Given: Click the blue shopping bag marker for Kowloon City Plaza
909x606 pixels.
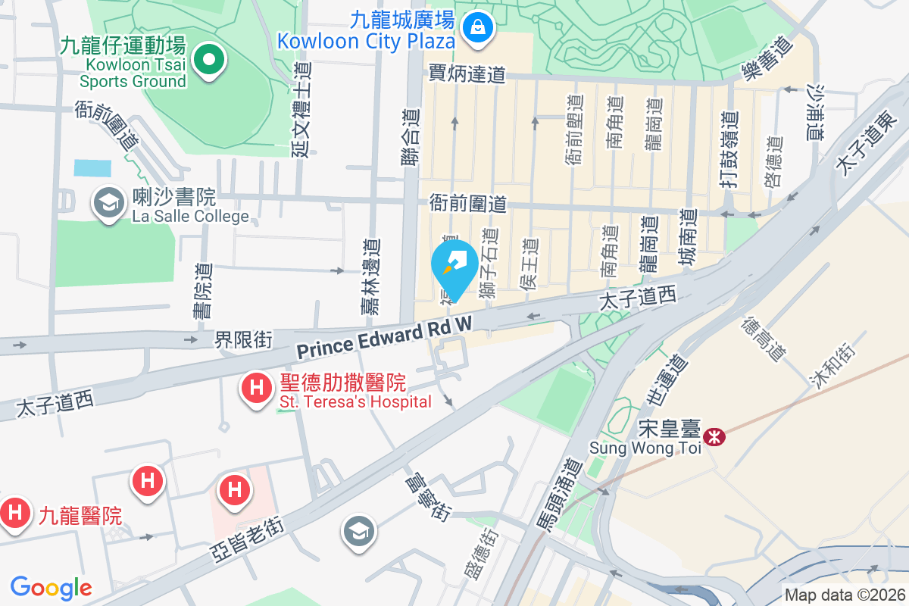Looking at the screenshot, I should click(478, 29).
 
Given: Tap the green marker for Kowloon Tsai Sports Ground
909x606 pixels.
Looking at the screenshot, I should click(208, 61).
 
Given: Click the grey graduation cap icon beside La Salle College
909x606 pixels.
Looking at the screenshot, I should click(109, 202).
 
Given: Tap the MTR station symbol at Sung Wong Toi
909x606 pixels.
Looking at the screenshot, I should click(713, 436).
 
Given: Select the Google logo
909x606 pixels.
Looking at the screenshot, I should click(51, 587).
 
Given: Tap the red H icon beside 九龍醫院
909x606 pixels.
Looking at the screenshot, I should click(14, 514).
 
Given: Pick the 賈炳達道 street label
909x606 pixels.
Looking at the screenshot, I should click(467, 74).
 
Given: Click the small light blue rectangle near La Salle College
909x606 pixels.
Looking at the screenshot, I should click(92, 168).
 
